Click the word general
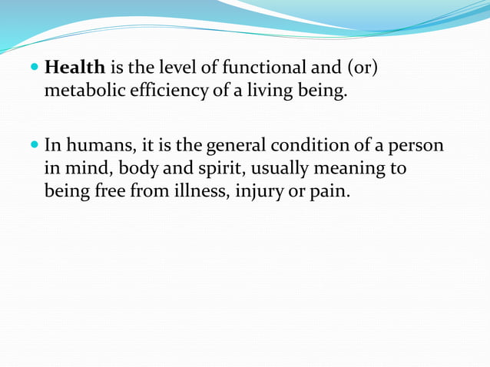click(233, 144)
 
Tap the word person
click(418, 144)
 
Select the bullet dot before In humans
click(35, 144)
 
